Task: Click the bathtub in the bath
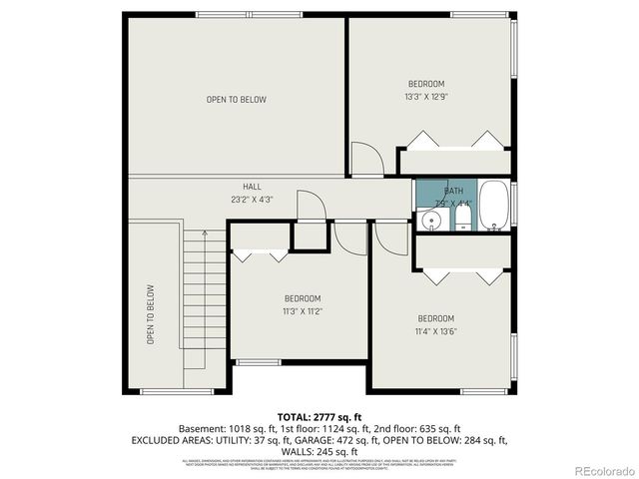click(494, 205)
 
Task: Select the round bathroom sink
click(431, 220)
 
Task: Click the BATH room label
click(454, 191)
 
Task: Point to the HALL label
click(253, 187)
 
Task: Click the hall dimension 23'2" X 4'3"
click(253, 200)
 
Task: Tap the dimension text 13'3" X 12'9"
click(426, 97)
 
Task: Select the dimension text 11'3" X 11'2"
click(303, 312)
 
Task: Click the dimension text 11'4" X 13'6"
click(436, 331)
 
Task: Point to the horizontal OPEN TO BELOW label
click(237, 99)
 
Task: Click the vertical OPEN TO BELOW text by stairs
click(151, 315)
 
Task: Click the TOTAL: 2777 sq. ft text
click(319, 416)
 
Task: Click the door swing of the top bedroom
click(365, 158)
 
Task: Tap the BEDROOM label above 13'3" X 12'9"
click(426, 83)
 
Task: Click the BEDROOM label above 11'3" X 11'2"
click(303, 298)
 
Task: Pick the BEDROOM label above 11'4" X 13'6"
click(436, 318)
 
